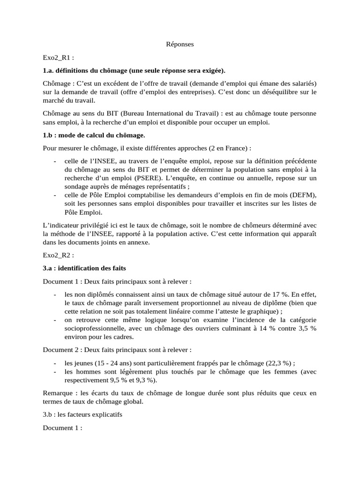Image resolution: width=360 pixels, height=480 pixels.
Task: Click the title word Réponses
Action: (180, 45)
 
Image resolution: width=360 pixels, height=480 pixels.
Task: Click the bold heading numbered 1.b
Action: (94, 135)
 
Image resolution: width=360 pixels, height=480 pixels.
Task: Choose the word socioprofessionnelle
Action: (96, 329)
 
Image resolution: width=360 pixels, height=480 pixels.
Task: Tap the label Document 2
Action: (62, 350)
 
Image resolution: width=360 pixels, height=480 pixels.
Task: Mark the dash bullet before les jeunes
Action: (55, 363)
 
